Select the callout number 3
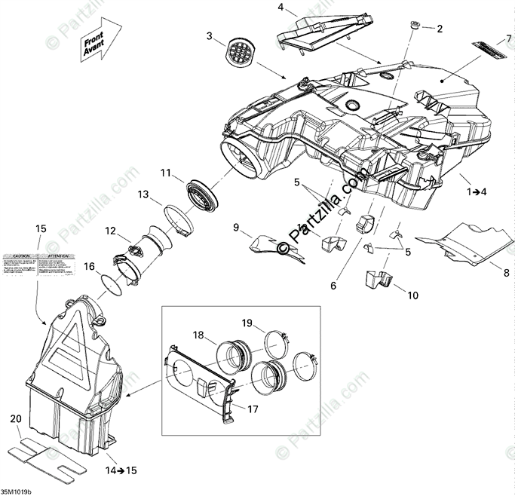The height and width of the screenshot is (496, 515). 210,35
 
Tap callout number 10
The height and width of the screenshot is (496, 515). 412,295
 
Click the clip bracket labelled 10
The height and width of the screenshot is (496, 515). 379,280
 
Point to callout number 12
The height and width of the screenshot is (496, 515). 111,231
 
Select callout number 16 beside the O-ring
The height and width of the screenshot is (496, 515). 89,266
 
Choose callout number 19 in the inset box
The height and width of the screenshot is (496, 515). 247,324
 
